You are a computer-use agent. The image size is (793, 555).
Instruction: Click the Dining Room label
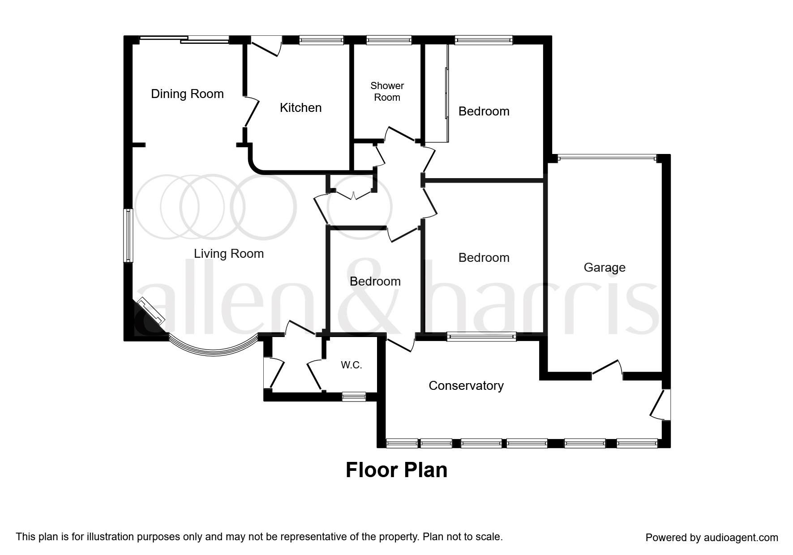[187, 94]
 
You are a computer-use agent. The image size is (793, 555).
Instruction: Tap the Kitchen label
[300, 108]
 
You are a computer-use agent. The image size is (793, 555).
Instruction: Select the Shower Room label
[387, 91]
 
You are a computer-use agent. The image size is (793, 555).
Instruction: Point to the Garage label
[604, 268]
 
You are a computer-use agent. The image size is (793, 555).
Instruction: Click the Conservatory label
[466, 386]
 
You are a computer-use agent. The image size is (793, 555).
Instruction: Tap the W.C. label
[351, 365]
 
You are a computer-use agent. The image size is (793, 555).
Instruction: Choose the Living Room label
[229, 254]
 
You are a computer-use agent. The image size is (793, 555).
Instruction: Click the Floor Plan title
[397, 470]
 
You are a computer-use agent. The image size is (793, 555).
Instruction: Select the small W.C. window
[354, 396]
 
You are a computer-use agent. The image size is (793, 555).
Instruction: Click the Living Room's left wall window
[129, 235]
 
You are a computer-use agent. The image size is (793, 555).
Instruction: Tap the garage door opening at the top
[607, 158]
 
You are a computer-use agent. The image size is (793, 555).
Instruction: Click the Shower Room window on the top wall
[389, 40]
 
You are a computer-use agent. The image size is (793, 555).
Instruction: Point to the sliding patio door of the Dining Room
[184, 40]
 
